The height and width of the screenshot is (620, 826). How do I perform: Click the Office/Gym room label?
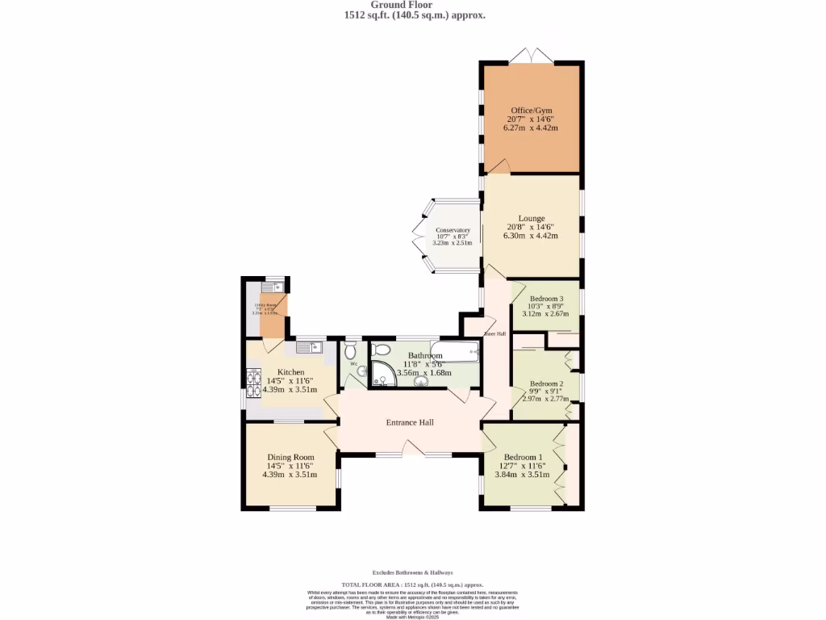[x=532, y=111]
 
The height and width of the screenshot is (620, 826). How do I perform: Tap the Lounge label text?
[x=532, y=218]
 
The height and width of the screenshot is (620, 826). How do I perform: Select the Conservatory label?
[x=452, y=230]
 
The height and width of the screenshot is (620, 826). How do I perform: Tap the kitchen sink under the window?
[x=308, y=347]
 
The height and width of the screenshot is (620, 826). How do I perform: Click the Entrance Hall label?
[x=410, y=422]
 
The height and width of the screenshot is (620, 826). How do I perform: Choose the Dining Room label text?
[x=290, y=457]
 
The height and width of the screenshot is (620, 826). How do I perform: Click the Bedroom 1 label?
[x=524, y=457]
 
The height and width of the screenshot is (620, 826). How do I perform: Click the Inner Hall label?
[x=494, y=333]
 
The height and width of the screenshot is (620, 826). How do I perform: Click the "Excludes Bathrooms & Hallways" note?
[x=412, y=572]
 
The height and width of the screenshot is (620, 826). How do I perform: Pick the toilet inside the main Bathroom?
[x=382, y=349]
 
